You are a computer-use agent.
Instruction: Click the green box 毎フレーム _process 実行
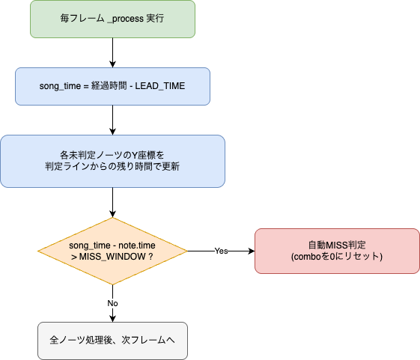tap(112, 19)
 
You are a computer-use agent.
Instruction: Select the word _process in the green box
tap(125, 19)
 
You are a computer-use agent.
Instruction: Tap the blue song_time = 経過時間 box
tap(112, 86)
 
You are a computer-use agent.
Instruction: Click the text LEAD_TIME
tap(160, 86)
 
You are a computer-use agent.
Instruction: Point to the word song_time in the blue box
tap(60, 86)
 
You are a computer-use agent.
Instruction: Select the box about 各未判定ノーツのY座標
tap(112, 161)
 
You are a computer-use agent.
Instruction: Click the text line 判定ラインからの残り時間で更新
tap(112, 167)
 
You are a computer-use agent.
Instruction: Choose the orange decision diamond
tap(112, 251)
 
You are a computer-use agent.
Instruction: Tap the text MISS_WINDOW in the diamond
tap(112, 257)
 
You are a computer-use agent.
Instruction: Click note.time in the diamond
tap(137, 245)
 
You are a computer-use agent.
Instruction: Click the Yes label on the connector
tap(222, 251)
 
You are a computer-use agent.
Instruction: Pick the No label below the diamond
tap(112, 303)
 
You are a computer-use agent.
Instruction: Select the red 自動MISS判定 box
tap(337, 251)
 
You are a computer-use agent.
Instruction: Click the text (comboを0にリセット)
tap(337, 257)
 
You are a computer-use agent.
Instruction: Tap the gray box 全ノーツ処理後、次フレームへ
tap(112, 341)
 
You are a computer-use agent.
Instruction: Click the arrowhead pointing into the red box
tap(252, 251)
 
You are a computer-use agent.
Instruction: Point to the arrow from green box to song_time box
tap(112, 53)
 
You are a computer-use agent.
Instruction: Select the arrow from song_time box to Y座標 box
tap(112, 120)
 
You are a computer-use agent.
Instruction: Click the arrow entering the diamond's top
tap(112, 203)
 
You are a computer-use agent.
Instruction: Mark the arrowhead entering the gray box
tap(112, 319)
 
